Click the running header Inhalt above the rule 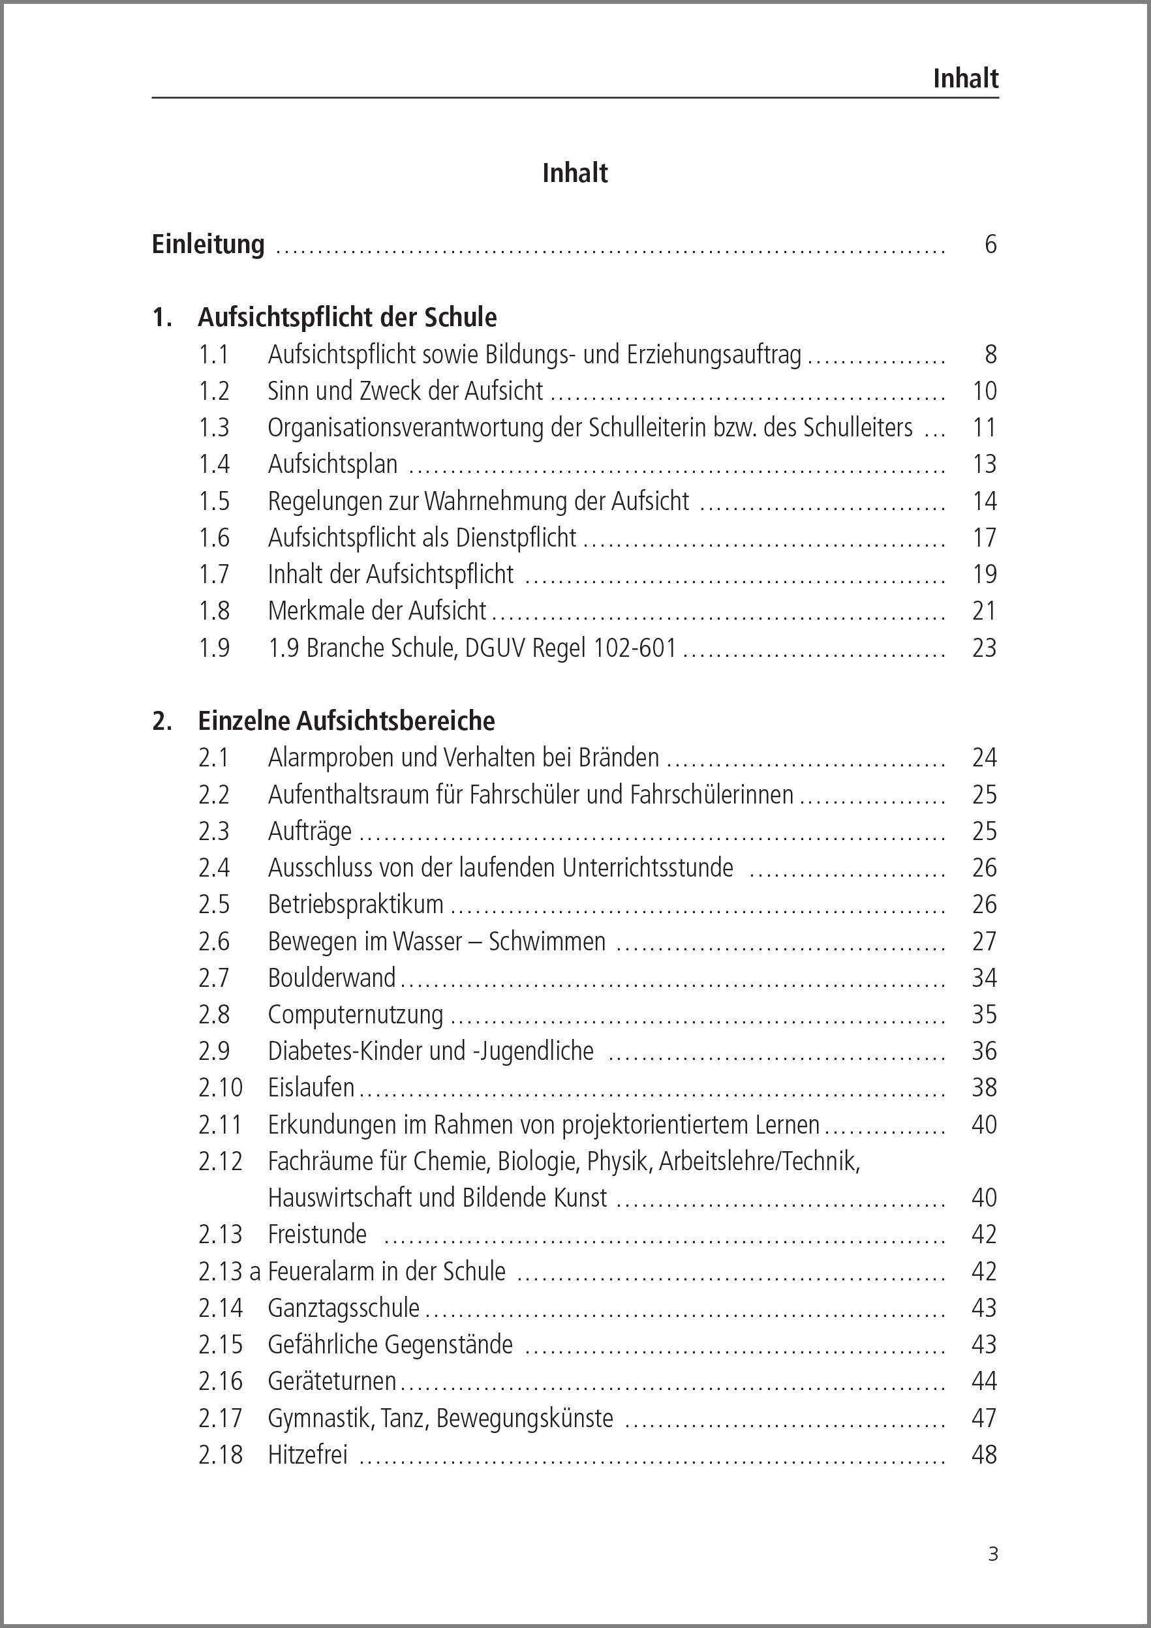point(965,78)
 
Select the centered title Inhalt point(574,173)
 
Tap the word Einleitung point(207,244)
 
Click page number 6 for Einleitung point(990,244)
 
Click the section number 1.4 point(214,464)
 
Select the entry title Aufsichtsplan point(332,464)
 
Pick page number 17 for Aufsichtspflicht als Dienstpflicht point(985,537)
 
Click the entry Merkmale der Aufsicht point(376,610)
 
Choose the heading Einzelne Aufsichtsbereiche point(346,721)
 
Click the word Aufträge point(309,831)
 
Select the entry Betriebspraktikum point(356,904)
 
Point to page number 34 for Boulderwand point(985,978)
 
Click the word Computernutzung point(356,1015)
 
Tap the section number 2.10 point(221,1088)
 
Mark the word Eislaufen point(311,1088)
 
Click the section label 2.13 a point(230,1271)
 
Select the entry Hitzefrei point(308,1455)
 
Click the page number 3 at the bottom point(993,1554)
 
